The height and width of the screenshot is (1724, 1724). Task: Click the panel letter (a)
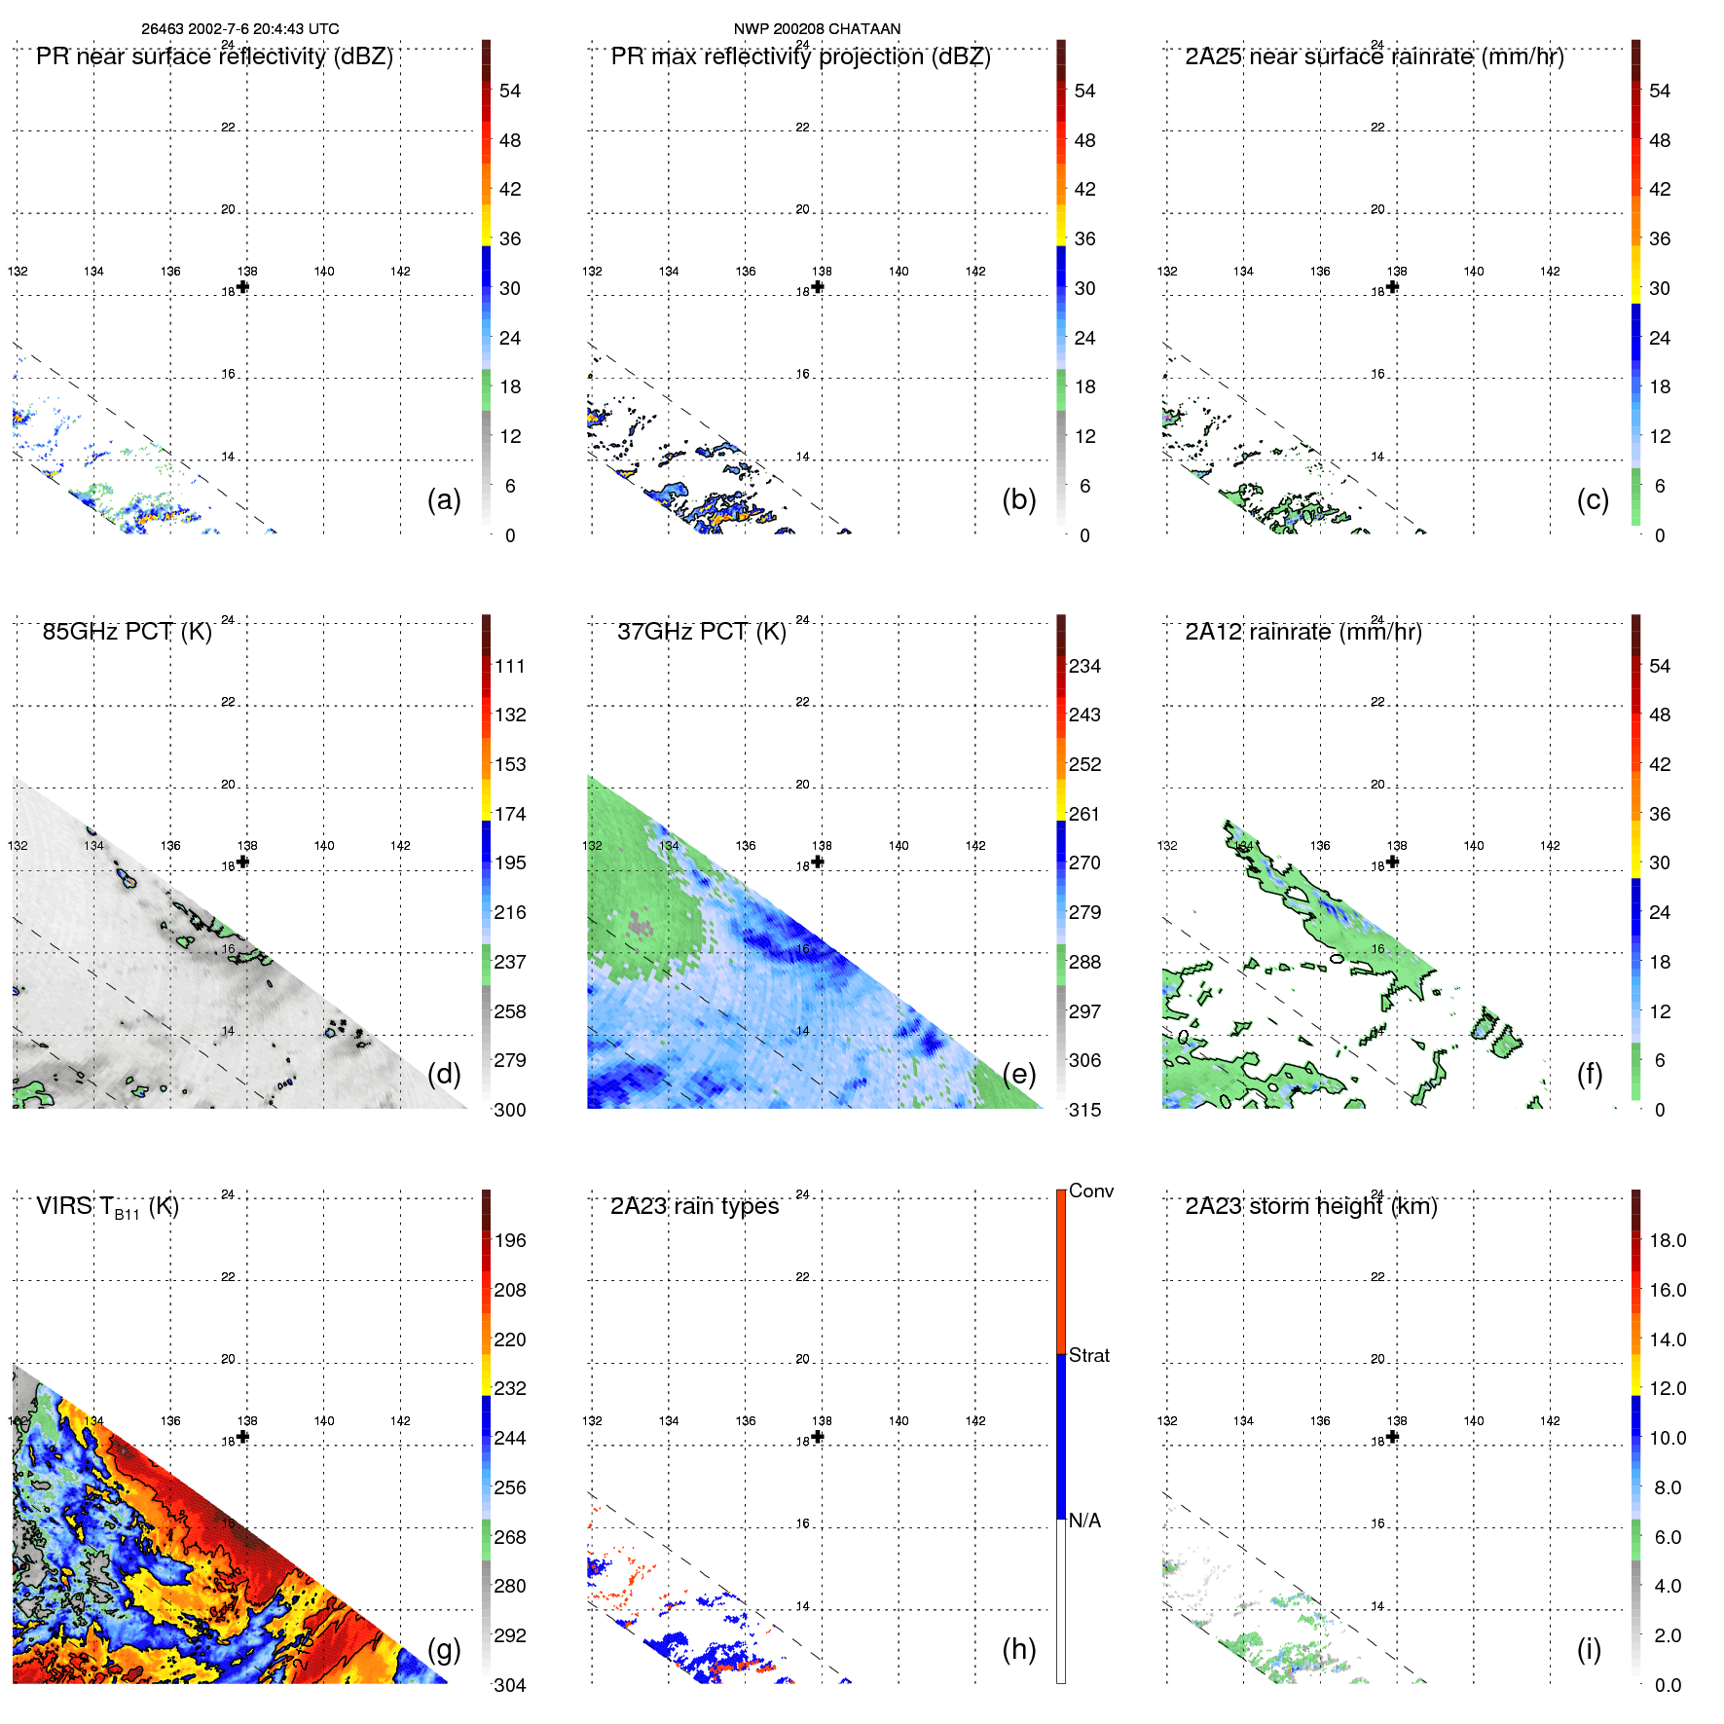(x=444, y=499)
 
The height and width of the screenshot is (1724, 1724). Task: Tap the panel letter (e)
(x=1018, y=1074)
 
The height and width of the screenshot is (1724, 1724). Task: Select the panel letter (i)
(x=1589, y=1649)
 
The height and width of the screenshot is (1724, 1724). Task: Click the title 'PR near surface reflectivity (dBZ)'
(x=214, y=56)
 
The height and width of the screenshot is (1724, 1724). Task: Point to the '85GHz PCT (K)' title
(x=127, y=632)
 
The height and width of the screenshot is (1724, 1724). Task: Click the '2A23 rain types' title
(x=694, y=1206)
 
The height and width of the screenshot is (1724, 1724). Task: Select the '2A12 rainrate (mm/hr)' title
(x=1303, y=632)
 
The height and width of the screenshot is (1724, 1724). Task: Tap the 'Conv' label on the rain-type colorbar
(x=1090, y=1191)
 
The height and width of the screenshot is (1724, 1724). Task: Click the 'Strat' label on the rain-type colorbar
(x=1088, y=1355)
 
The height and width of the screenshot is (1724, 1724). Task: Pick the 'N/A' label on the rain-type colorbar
(x=1084, y=1521)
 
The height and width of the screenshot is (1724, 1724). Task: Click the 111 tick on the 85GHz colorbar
(x=509, y=666)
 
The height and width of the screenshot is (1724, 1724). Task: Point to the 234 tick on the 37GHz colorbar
(x=1084, y=666)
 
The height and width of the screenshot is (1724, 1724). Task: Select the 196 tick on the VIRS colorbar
(x=509, y=1240)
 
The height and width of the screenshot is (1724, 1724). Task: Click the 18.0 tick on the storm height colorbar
(x=1667, y=1240)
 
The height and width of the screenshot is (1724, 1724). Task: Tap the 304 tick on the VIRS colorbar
(x=509, y=1685)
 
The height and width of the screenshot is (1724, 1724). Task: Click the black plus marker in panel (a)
(x=242, y=286)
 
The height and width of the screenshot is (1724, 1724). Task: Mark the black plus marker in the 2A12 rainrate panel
(x=1392, y=862)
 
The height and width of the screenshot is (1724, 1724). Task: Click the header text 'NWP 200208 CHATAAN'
(x=817, y=29)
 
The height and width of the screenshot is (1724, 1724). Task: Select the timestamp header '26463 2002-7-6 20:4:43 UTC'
(x=240, y=29)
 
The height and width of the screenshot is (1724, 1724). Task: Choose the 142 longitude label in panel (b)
(x=975, y=272)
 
